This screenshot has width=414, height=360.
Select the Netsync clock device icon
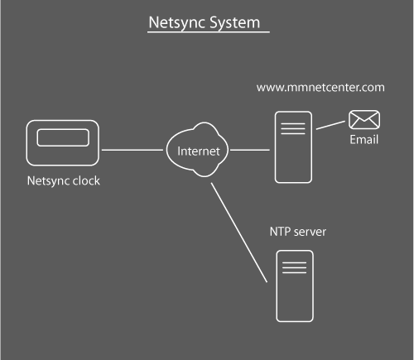(x=61, y=144)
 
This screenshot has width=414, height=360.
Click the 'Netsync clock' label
(x=62, y=180)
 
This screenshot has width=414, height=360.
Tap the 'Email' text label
(x=363, y=139)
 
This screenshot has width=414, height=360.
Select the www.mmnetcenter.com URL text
(x=320, y=86)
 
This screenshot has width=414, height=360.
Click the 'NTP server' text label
(x=299, y=233)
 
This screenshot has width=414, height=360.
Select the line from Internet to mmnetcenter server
(x=249, y=150)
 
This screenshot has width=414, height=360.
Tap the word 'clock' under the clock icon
(x=84, y=180)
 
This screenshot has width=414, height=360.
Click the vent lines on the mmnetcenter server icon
(x=289, y=129)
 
